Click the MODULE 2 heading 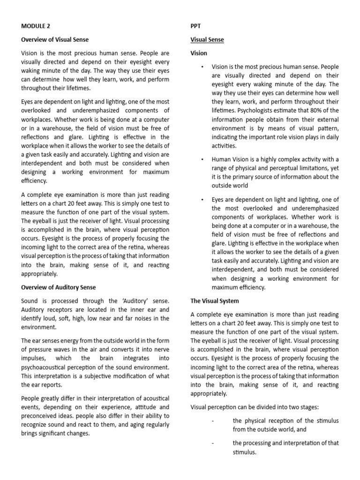tap(37, 26)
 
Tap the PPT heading tap(196, 26)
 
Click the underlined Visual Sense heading tap(207, 40)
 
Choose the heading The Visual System tap(215, 300)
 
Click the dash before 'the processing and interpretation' tap(212, 443)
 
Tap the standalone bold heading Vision tap(199, 53)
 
